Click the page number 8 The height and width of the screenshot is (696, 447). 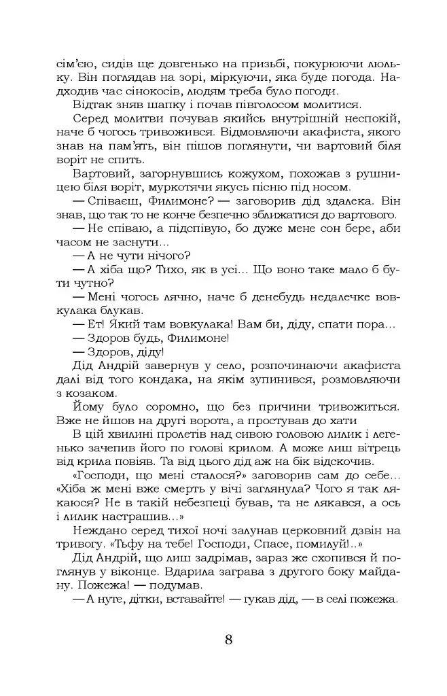(x=228, y=640)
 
